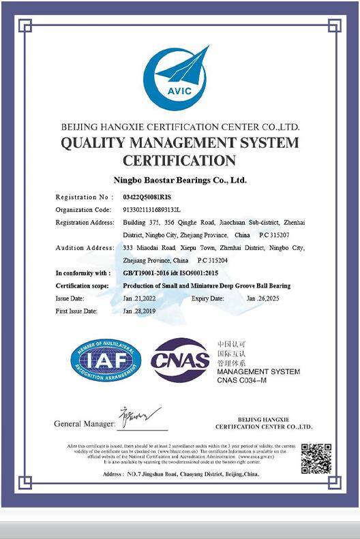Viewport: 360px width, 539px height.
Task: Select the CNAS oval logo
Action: click(x=180, y=361)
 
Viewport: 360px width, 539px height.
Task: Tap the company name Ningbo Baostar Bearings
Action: click(x=179, y=181)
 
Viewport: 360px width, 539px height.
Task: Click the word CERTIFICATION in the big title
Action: click(x=179, y=161)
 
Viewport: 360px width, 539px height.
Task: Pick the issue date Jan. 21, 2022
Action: click(x=139, y=298)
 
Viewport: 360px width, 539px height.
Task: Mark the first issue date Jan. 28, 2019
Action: click(x=139, y=311)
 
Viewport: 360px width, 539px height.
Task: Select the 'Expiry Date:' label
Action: click(x=208, y=298)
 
